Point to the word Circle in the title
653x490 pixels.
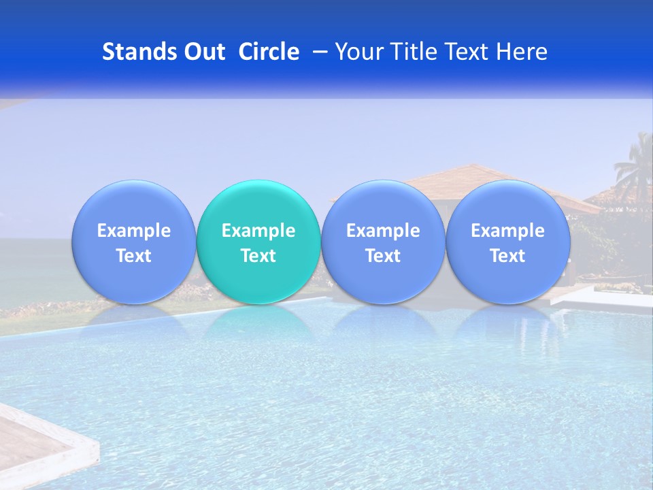click(x=269, y=52)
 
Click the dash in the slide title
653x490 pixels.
click(x=320, y=52)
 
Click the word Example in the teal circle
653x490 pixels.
click(x=258, y=231)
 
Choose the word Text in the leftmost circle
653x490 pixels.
click(x=134, y=256)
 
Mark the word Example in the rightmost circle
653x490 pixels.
click(x=507, y=231)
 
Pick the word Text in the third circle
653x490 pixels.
click(x=383, y=256)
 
